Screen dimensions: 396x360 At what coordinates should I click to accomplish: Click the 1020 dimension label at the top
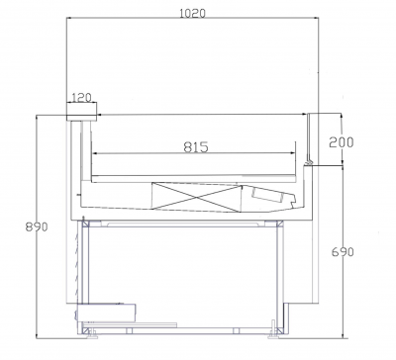pyautogui.click(x=192, y=13)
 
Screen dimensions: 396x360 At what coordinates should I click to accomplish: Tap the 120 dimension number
pyautogui.click(x=81, y=98)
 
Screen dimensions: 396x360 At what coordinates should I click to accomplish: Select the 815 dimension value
pyautogui.click(x=196, y=147)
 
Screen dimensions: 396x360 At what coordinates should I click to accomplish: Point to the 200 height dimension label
pyautogui.click(x=342, y=141)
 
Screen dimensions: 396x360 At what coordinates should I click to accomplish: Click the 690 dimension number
pyautogui.click(x=343, y=252)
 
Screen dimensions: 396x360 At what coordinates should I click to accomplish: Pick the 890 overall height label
pyautogui.click(x=37, y=226)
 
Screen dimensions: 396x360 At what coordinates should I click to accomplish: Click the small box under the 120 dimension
pyautogui.click(x=81, y=112)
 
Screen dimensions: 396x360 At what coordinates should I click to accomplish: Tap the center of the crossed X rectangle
pyautogui.click(x=197, y=197)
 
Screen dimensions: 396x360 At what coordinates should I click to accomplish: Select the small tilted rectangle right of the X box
pyautogui.click(x=267, y=194)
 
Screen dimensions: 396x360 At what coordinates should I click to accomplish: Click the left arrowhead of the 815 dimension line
pyautogui.click(x=95, y=153)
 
